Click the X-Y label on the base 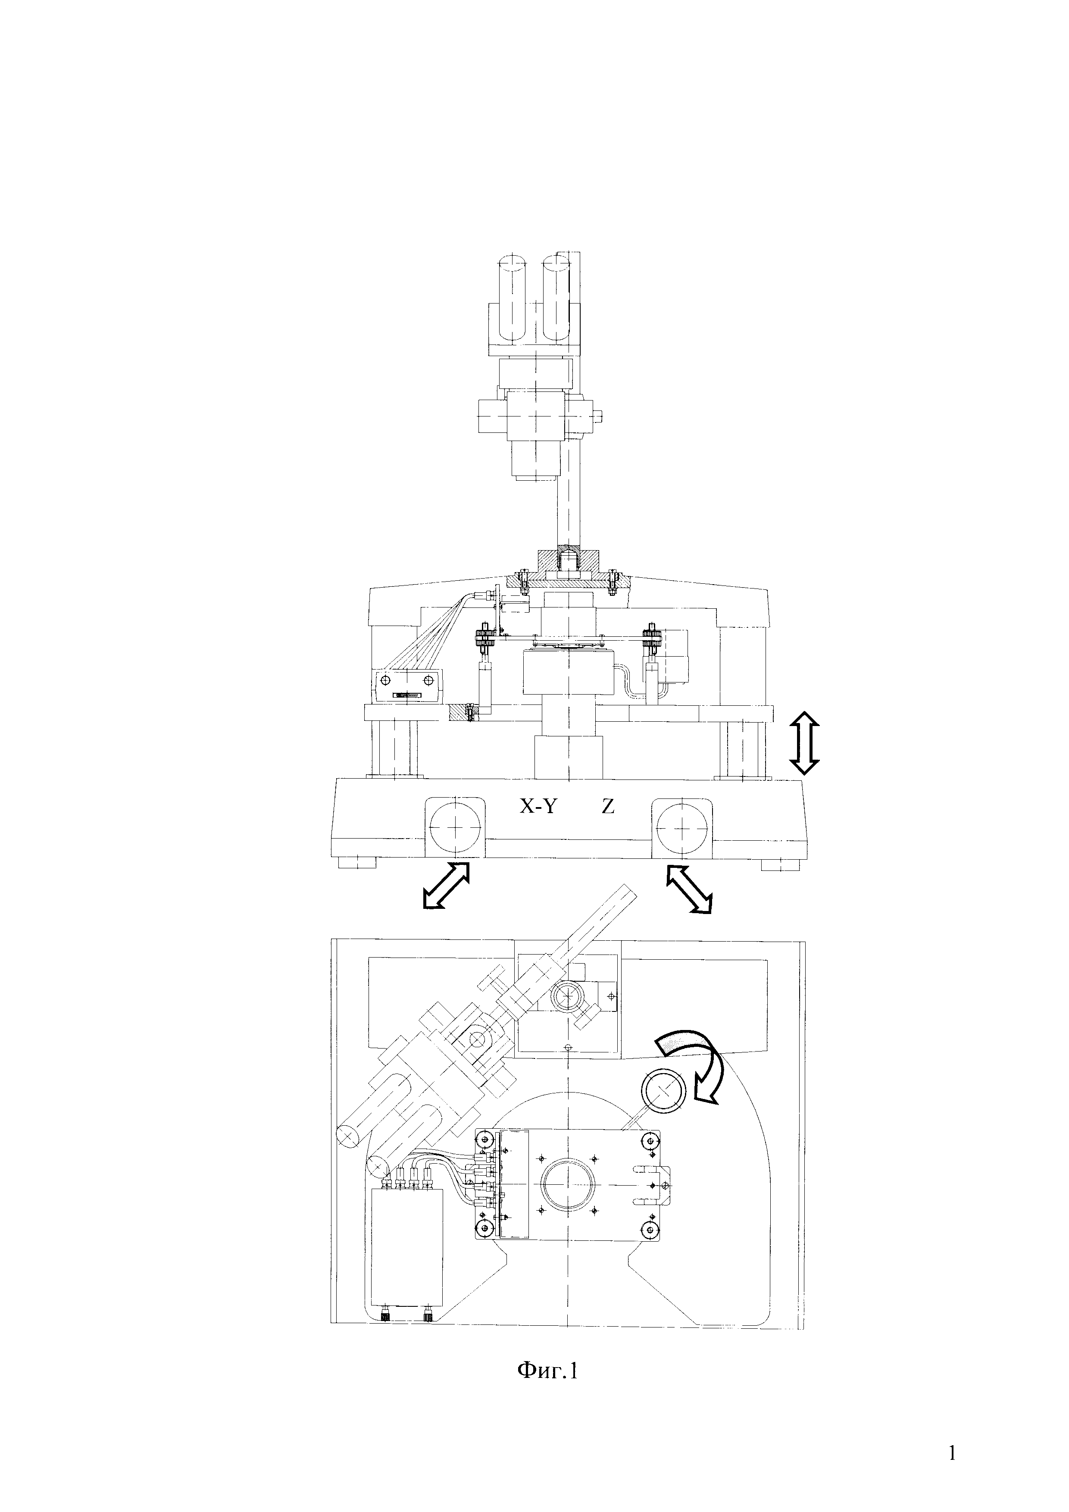pos(538,806)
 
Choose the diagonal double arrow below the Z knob pos(689,889)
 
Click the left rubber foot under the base pos(357,863)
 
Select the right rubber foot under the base pos(781,863)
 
